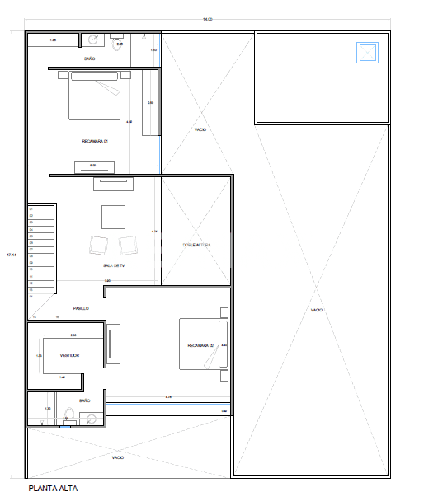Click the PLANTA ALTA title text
pos(53,488)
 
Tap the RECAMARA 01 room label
pos(95,141)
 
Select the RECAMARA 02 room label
pos(200,345)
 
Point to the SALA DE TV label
pos(113,265)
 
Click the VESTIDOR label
pos(69,355)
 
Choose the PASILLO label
pos(81,308)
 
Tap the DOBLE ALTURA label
pos(197,245)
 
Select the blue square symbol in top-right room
pos(367,54)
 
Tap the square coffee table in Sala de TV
pos(114,217)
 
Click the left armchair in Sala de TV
pos(98,245)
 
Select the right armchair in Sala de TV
pos(128,245)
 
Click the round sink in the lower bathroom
pos(92,418)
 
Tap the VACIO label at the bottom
pos(118,457)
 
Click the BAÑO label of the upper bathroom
pos(90,59)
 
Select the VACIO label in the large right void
pos(317,310)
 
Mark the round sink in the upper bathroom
pos(92,39)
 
